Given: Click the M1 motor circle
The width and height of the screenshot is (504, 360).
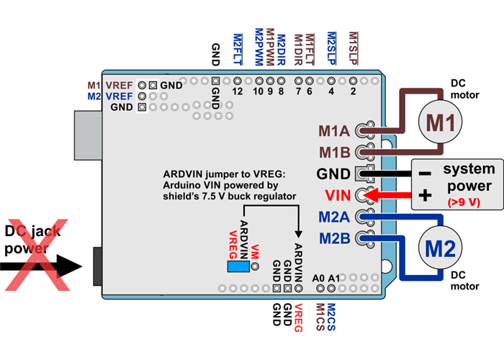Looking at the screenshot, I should coord(440,121).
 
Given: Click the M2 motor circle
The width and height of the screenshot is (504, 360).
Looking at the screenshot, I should coord(440,249).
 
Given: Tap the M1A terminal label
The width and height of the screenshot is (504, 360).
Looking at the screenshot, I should coord(334,131).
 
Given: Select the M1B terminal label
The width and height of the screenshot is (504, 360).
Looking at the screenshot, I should coord(334,152).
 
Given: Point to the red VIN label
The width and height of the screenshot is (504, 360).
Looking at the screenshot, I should coord(338,194).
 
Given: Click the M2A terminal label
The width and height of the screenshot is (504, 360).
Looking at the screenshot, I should coord(334,217).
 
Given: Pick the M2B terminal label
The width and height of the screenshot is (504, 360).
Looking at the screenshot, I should coord(334,237).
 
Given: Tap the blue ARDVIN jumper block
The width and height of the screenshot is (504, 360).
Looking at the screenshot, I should coord(237,266).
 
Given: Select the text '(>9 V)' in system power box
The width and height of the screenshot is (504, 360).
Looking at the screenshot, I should coord(464,202).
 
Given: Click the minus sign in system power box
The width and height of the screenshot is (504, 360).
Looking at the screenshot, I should coord(425,174).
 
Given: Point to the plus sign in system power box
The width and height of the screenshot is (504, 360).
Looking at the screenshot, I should coord(425,194).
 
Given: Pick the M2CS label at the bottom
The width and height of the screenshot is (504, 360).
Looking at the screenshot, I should coord(331,316).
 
